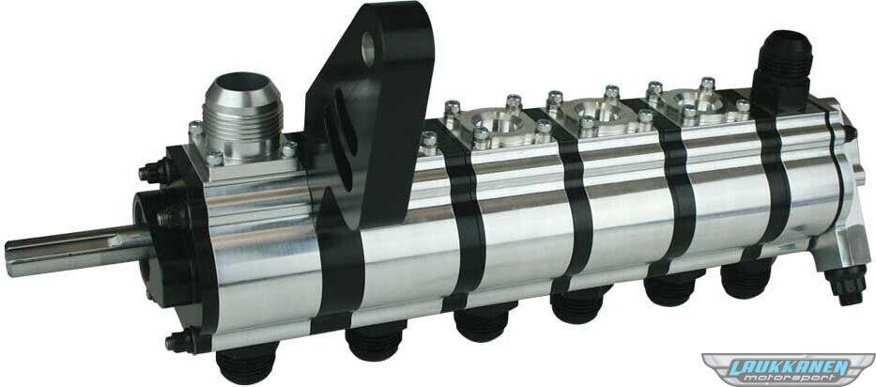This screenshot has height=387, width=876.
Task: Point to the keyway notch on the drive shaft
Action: point(115,241)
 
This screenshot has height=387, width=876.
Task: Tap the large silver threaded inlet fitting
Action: point(242,115)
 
